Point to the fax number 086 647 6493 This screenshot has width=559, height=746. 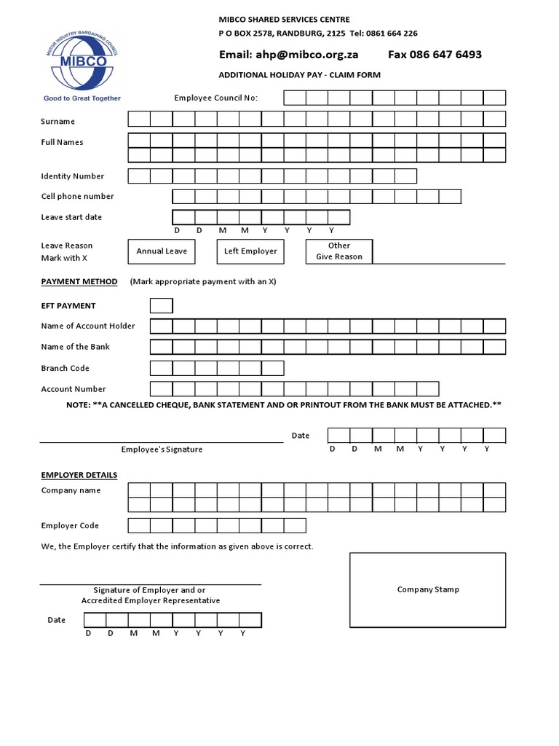point(435,55)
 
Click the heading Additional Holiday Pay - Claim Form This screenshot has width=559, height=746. point(300,75)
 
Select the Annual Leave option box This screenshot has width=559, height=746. point(162,251)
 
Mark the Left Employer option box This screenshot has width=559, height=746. point(250,251)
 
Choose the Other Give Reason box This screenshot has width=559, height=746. point(338,251)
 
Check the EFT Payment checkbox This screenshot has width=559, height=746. point(161,305)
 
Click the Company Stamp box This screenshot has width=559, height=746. point(427,589)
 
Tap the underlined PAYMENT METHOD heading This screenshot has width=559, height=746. point(79,281)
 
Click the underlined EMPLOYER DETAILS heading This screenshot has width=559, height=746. point(79,475)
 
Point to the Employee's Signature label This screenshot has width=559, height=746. point(162,449)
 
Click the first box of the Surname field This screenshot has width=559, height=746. point(139,119)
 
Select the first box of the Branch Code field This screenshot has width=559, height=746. point(161,368)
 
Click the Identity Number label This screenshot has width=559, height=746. point(72,176)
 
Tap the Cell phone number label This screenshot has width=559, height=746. point(77,196)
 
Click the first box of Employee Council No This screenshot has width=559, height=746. point(294,98)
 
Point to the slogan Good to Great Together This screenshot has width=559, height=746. point(82,98)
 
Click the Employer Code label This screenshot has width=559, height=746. point(70,525)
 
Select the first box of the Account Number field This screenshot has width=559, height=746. point(161,389)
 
